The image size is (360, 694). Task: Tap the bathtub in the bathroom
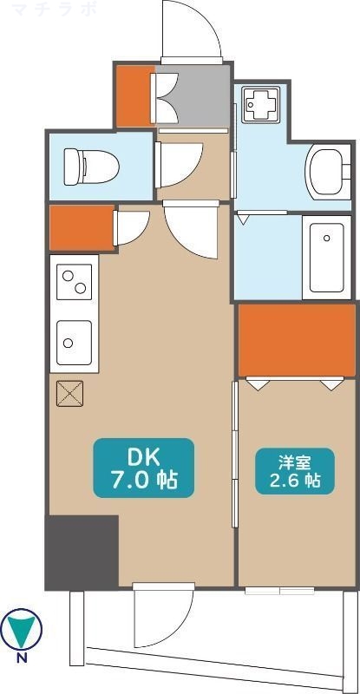(326, 257)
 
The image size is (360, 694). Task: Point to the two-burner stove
(73, 284)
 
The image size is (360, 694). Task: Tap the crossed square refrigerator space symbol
(69, 394)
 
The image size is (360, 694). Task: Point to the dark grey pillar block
(82, 551)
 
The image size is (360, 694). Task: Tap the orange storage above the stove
(82, 226)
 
